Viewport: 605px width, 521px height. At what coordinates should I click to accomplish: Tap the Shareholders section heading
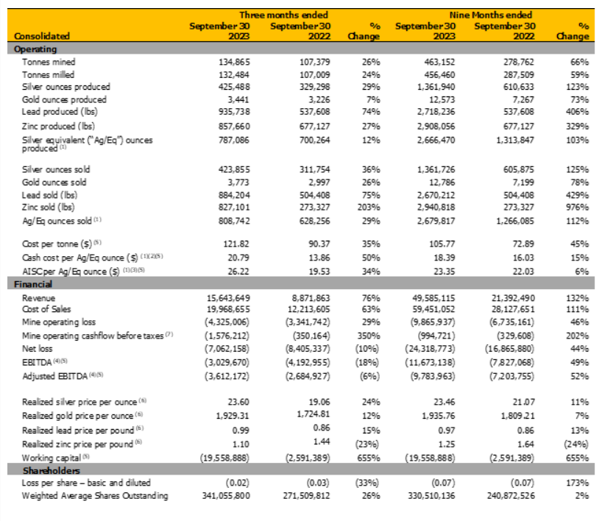[49, 470]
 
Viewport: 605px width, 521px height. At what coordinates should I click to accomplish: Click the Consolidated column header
[42, 35]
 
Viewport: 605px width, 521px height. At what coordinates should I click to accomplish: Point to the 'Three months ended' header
[283, 14]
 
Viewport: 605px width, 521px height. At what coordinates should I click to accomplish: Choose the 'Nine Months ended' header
[490, 14]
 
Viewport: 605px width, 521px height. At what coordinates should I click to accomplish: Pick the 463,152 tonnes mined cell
[438, 63]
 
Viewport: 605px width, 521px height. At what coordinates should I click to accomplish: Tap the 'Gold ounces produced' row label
[64, 99]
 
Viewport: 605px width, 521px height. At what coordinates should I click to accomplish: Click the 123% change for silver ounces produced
[578, 87]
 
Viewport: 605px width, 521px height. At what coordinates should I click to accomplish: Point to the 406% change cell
[578, 111]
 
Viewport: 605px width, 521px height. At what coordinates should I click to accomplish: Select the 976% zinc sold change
[578, 208]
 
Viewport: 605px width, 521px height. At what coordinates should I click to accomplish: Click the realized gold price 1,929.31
[234, 414]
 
